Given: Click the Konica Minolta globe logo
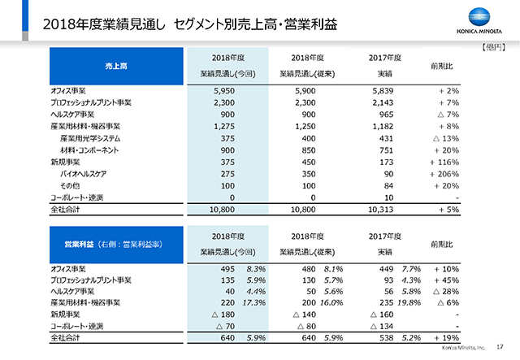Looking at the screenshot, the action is [x=479, y=17].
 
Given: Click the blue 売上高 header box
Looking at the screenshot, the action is [x=116, y=66].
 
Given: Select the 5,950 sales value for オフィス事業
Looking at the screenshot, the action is [x=224, y=91].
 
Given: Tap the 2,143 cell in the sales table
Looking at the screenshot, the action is [x=383, y=103].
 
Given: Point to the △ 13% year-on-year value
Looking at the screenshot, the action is [x=446, y=138].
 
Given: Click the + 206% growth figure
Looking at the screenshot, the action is [x=444, y=174].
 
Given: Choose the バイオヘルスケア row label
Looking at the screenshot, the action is [x=83, y=174].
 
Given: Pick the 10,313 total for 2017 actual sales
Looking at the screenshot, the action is [x=381, y=210].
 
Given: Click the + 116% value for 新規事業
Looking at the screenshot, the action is [x=444, y=163].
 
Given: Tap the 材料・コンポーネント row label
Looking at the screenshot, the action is [x=89, y=150].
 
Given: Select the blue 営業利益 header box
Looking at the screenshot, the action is [x=116, y=245].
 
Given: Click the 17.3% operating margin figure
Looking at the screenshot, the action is [x=254, y=303].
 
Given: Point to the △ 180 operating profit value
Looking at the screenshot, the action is [x=223, y=314].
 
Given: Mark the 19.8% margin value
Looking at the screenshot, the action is [x=409, y=303].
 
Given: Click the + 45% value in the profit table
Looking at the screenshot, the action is [x=446, y=280].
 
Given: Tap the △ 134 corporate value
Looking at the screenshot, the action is [x=382, y=327].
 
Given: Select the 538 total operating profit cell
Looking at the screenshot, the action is [x=387, y=338].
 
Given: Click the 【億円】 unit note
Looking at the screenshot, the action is [x=493, y=47].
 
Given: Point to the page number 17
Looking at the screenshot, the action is [x=500, y=347].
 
